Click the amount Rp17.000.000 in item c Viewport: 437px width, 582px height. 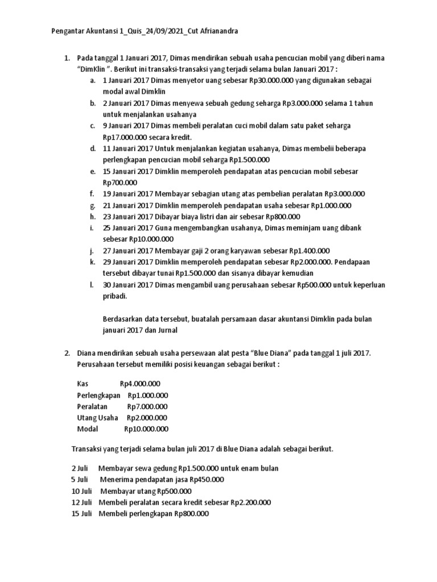(x=126, y=137)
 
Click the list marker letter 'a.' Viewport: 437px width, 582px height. (x=93, y=81)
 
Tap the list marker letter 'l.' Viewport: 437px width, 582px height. (x=92, y=285)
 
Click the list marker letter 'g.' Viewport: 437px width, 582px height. (x=93, y=205)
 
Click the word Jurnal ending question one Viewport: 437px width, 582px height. (x=167, y=330)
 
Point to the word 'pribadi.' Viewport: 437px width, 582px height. (x=116, y=296)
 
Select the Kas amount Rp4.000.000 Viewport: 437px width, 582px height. (x=140, y=384)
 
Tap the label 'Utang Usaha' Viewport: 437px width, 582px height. (x=97, y=418)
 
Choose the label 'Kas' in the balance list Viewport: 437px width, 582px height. (x=83, y=384)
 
